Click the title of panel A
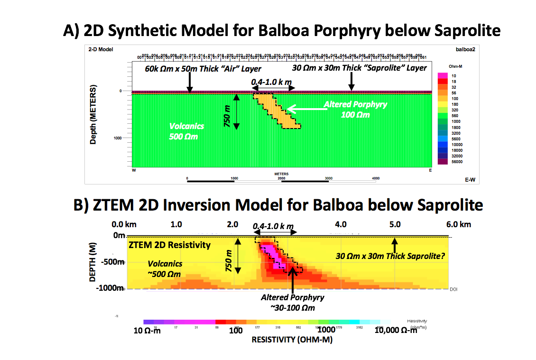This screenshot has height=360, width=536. point(282,31)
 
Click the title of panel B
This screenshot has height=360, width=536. point(278,204)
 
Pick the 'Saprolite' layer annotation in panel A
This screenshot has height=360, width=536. point(360,68)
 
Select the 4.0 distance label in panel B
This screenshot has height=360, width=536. point(341,224)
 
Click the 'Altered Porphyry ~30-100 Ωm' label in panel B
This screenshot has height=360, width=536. point(293,302)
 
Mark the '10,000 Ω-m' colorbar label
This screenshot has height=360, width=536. point(396,330)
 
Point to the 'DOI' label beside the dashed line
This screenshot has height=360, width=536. point(453,289)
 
